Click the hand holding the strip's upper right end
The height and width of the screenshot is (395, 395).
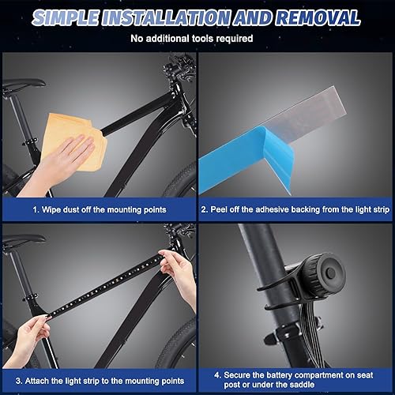pyautogui.click(x=180, y=276)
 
